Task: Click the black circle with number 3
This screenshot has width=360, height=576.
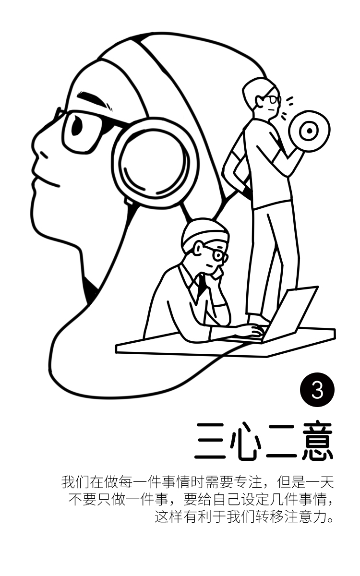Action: [317, 390]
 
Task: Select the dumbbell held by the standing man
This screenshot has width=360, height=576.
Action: [309, 131]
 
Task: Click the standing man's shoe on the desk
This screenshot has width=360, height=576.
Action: [258, 320]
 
